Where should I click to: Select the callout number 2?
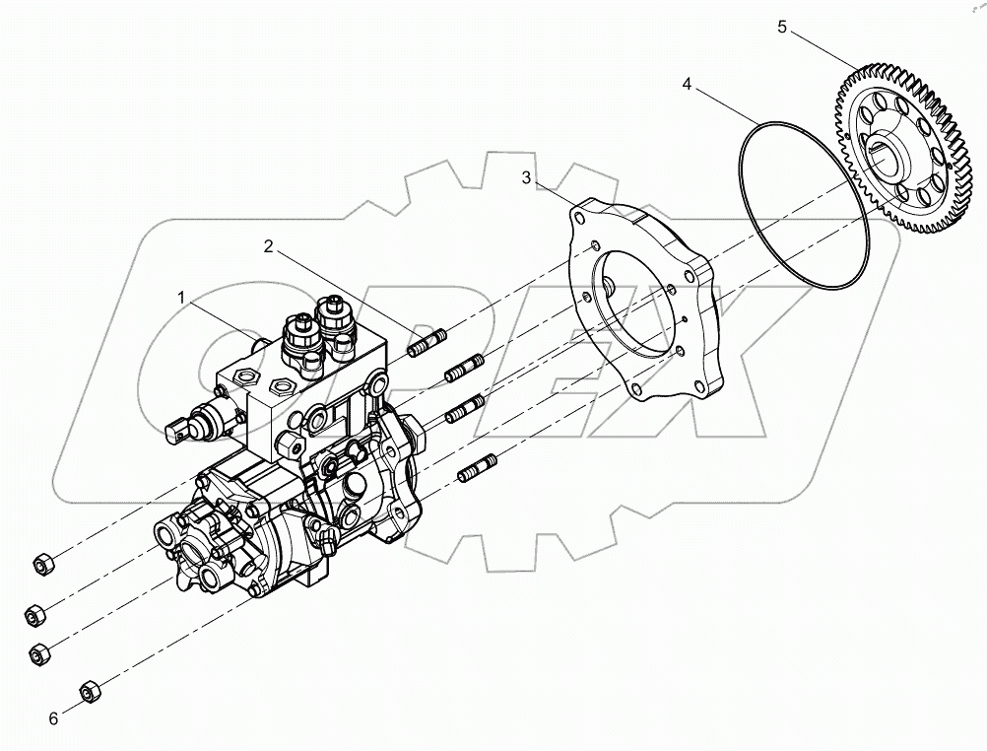[269, 246]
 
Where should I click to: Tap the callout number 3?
[527, 177]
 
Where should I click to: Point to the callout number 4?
[687, 85]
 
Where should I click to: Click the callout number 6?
[53, 718]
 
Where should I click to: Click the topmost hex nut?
[42, 564]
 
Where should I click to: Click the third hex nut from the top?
[39, 653]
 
